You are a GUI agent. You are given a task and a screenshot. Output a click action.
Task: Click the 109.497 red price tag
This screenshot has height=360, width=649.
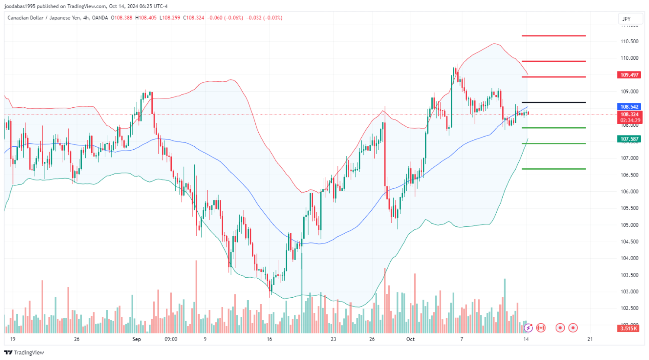coord(629,75)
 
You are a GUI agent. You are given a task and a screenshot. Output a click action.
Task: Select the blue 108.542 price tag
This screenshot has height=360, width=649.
coord(629,107)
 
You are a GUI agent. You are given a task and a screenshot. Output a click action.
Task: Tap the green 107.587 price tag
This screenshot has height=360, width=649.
coord(629,139)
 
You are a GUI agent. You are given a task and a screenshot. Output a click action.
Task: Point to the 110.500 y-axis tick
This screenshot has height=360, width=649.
coord(630,42)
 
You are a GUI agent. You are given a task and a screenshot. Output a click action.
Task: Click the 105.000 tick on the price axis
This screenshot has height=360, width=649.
coord(630,225)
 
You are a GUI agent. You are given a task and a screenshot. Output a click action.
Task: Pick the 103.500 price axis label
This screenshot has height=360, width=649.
coord(630,275)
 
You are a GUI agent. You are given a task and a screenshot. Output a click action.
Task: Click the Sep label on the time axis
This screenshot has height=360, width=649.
coord(137,339)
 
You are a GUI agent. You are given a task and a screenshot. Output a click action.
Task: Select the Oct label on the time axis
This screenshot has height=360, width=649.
coord(410,339)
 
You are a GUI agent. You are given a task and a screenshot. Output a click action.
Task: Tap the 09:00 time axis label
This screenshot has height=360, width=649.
coord(171,339)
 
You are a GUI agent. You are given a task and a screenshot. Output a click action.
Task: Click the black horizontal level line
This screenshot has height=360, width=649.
coord(553,103)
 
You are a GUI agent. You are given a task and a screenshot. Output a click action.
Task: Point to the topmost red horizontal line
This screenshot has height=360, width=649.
coord(553,36)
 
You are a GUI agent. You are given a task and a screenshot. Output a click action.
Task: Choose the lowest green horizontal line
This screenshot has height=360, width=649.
coord(553,169)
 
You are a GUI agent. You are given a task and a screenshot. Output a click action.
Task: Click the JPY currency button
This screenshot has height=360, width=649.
coord(627,19)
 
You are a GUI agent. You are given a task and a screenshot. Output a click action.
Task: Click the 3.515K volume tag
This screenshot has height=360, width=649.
coord(629,328)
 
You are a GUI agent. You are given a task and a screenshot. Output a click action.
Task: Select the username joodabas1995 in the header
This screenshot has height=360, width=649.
coord(20,6)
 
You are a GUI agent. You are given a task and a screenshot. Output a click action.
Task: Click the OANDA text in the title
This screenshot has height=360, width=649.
coord(100,18)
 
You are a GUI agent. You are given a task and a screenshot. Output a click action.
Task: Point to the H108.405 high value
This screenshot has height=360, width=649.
coord(146,18)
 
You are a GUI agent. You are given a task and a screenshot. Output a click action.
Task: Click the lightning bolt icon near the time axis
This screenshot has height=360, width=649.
coord(528,328)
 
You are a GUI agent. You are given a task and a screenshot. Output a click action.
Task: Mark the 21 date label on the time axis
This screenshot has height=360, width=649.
coord(590,339)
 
